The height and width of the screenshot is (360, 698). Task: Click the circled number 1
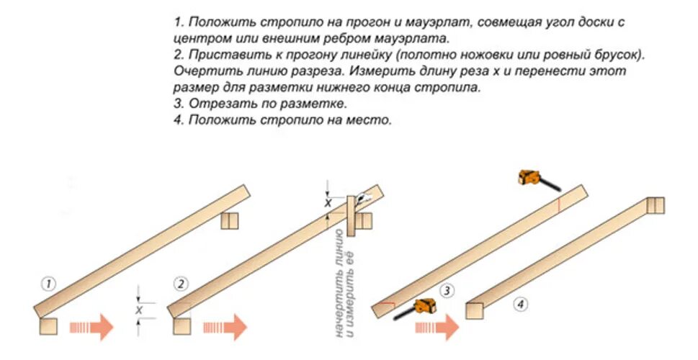click(48, 284)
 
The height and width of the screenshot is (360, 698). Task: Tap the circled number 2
click(180, 284)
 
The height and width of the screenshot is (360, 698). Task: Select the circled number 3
click(447, 291)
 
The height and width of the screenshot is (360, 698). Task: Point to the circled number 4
click(520, 305)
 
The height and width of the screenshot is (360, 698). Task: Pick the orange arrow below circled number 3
click(437, 328)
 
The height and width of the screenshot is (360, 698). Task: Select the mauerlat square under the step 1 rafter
click(48, 325)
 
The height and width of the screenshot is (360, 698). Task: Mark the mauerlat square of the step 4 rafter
click(474, 310)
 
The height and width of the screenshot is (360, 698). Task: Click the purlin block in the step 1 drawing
click(229, 220)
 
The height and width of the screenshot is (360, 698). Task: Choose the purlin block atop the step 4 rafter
click(655, 205)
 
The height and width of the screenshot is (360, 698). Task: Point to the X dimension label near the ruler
click(328, 204)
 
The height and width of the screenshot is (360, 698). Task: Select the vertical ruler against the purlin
click(351, 216)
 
